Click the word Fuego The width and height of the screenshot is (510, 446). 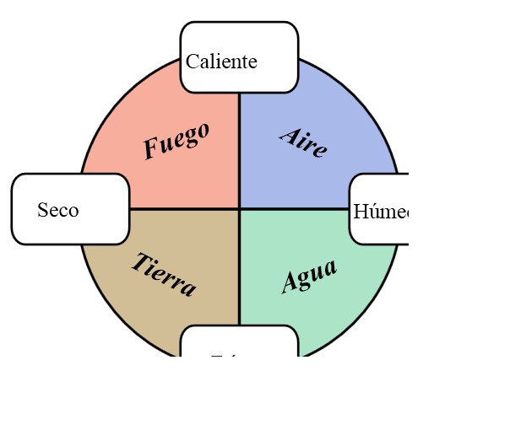tap(176, 140)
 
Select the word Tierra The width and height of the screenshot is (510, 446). tap(163, 274)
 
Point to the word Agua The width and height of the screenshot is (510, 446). tap(309, 276)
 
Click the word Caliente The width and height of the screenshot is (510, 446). tap(221, 62)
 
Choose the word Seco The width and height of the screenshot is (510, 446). tap(58, 210)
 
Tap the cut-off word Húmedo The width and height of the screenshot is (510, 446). tap(381, 211)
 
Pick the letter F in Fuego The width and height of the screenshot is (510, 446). tap(151, 149)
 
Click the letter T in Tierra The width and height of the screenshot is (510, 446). tap(138, 261)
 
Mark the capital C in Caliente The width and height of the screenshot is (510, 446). tap(192, 62)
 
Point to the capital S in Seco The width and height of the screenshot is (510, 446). tap(42, 210)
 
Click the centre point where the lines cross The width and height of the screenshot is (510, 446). tap(240, 208)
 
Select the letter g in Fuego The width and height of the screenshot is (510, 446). tap(188, 139)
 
